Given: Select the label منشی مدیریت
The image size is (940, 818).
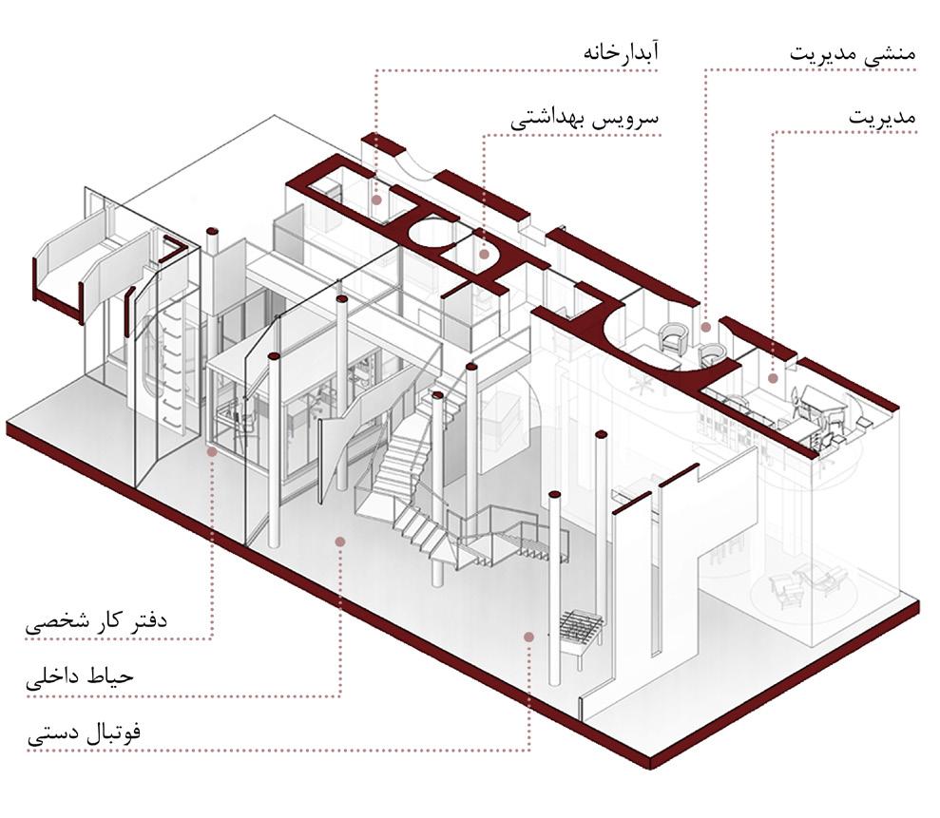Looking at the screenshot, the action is (852, 52).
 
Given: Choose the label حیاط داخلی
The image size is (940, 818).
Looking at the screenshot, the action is (81, 678).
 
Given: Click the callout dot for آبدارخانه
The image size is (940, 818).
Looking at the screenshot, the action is (376, 200).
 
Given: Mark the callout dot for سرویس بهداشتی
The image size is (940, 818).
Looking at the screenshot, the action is (484, 254).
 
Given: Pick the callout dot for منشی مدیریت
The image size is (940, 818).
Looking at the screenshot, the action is (705, 328).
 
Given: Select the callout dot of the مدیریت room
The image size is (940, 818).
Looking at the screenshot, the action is (773, 378).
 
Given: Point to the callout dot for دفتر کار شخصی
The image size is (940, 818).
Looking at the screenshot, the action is (211, 452).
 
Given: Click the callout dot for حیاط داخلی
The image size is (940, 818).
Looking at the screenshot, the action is (339, 541).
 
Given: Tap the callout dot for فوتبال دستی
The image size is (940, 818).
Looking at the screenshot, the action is (528, 634).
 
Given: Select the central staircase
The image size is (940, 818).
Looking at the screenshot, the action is (418, 494).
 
